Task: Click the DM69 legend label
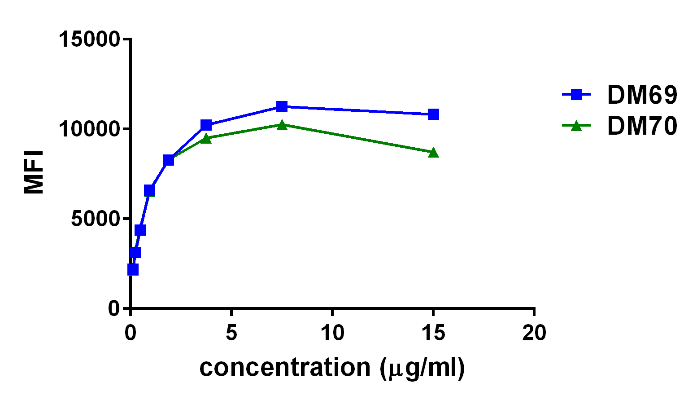pos(641,95)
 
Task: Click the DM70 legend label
pos(641,126)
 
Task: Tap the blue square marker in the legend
pos(577,94)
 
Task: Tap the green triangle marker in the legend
pos(577,126)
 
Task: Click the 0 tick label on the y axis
pos(114,308)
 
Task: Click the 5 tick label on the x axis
pos(231,333)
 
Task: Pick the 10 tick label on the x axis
pos(332,333)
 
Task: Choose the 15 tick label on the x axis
pos(433,333)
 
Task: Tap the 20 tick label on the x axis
pos(534,333)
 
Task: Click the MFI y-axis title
pos(34,172)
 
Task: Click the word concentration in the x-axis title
pos(285,368)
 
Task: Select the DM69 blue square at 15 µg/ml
pos(433,114)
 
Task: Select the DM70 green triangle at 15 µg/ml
pos(433,153)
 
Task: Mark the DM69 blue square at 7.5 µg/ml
pos(282,106)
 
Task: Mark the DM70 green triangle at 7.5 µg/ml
pos(282,125)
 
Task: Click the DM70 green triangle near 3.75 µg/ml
pos(206,138)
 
